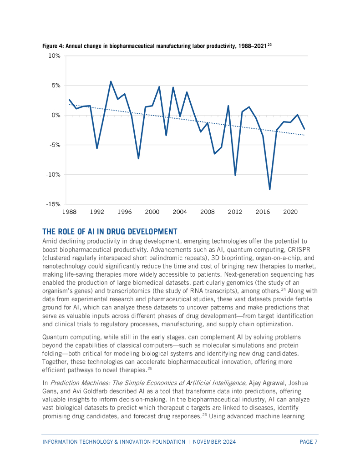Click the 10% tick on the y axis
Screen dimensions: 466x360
coord(54,56)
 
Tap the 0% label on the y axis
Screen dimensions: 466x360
coord(56,116)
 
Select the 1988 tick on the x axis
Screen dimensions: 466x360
coord(69,212)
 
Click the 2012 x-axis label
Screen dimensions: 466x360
coord(235,212)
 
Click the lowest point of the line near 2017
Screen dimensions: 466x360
coord(270,189)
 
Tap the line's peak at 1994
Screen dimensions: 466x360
coord(111,81)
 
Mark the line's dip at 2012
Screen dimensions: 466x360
coord(235,175)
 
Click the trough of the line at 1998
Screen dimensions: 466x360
coord(138,158)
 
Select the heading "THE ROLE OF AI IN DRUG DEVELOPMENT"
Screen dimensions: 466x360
coord(110,231)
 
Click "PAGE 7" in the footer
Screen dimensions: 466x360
coord(309,442)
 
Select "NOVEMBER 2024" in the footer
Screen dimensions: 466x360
coord(214,442)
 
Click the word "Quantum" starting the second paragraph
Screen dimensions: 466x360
coord(56,337)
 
